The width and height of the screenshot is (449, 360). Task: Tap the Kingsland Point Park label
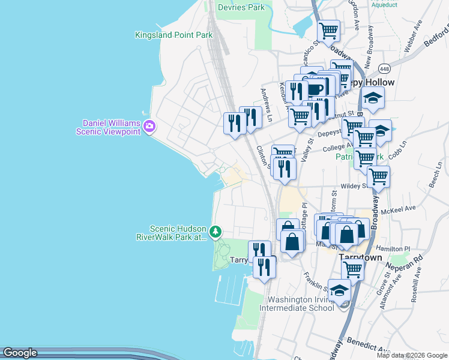174,35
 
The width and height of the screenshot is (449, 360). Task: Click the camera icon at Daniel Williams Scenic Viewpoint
149,127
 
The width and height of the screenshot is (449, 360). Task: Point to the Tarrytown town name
360,257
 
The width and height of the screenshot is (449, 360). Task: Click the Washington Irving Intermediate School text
300,304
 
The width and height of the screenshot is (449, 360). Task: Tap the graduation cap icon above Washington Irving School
340,290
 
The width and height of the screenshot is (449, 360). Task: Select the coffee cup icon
314,89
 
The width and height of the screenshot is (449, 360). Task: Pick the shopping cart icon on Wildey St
378,177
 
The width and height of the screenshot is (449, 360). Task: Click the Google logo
19,353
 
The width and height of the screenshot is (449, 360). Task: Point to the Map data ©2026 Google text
411,355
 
